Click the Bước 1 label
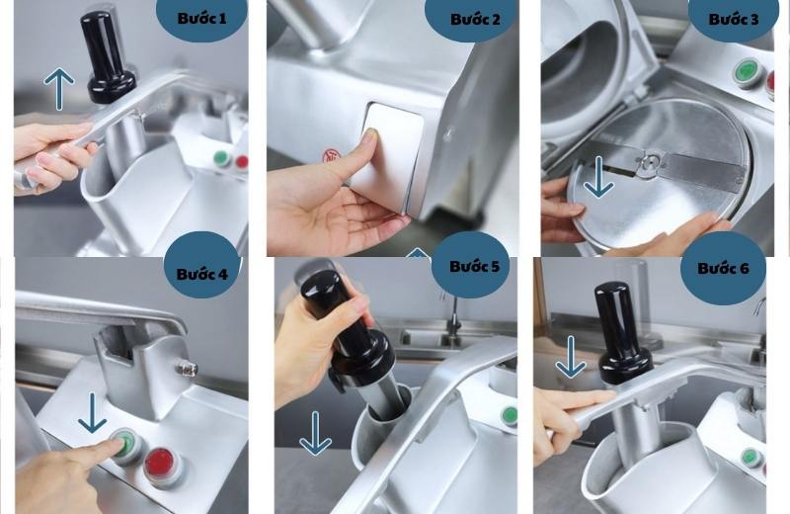coord(201,19)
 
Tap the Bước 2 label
coord(475,19)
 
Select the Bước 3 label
coord(733,19)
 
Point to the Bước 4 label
coord(202,274)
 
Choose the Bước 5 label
coord(475,266)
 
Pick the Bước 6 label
coord(723,268)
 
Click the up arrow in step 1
coord(59,89)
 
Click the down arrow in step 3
coord(598,177)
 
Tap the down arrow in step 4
coord(92,413)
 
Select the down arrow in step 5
coord(315,433)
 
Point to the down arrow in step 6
coord(571,357)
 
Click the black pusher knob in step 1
coord(109,55)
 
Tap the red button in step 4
coord(165,467)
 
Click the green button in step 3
coord(748,72)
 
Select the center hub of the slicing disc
coord(651,162)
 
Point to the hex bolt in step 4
coord(188,369)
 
